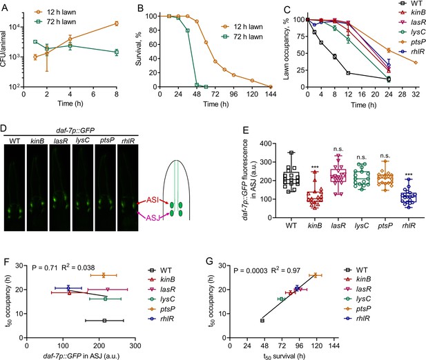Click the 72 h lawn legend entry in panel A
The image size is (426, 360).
click(x=55, y=21)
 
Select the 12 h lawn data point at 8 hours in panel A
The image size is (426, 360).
click(x=117, y=23)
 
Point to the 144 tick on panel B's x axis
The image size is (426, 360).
click(x=271, y=94)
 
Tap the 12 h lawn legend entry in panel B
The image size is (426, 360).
click(x=242, y=27)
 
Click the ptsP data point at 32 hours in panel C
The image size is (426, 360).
click(x=416, y=62)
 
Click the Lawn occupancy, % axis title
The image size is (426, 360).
click(x=286, y=50)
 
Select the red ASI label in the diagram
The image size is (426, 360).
click(x=153, y=200)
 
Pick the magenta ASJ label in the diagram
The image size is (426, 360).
click(x=153, y=217)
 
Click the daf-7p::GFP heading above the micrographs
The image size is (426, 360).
click(x=75, y=130)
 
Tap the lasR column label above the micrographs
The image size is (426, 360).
click(x=61, y=141)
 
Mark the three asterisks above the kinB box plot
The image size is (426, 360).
click(x=315, y=167)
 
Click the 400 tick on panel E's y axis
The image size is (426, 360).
click(x=266, y=143)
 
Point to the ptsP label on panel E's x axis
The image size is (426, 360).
click(x=385, y=226)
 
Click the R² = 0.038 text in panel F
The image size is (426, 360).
click(x=78, y=268)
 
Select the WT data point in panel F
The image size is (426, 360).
click(x=104, y=321)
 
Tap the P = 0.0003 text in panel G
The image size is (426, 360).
click(x=251, y=270)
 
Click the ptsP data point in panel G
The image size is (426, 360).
click(x=316, y=275)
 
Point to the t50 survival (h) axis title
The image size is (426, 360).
click(x=284, y=356)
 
